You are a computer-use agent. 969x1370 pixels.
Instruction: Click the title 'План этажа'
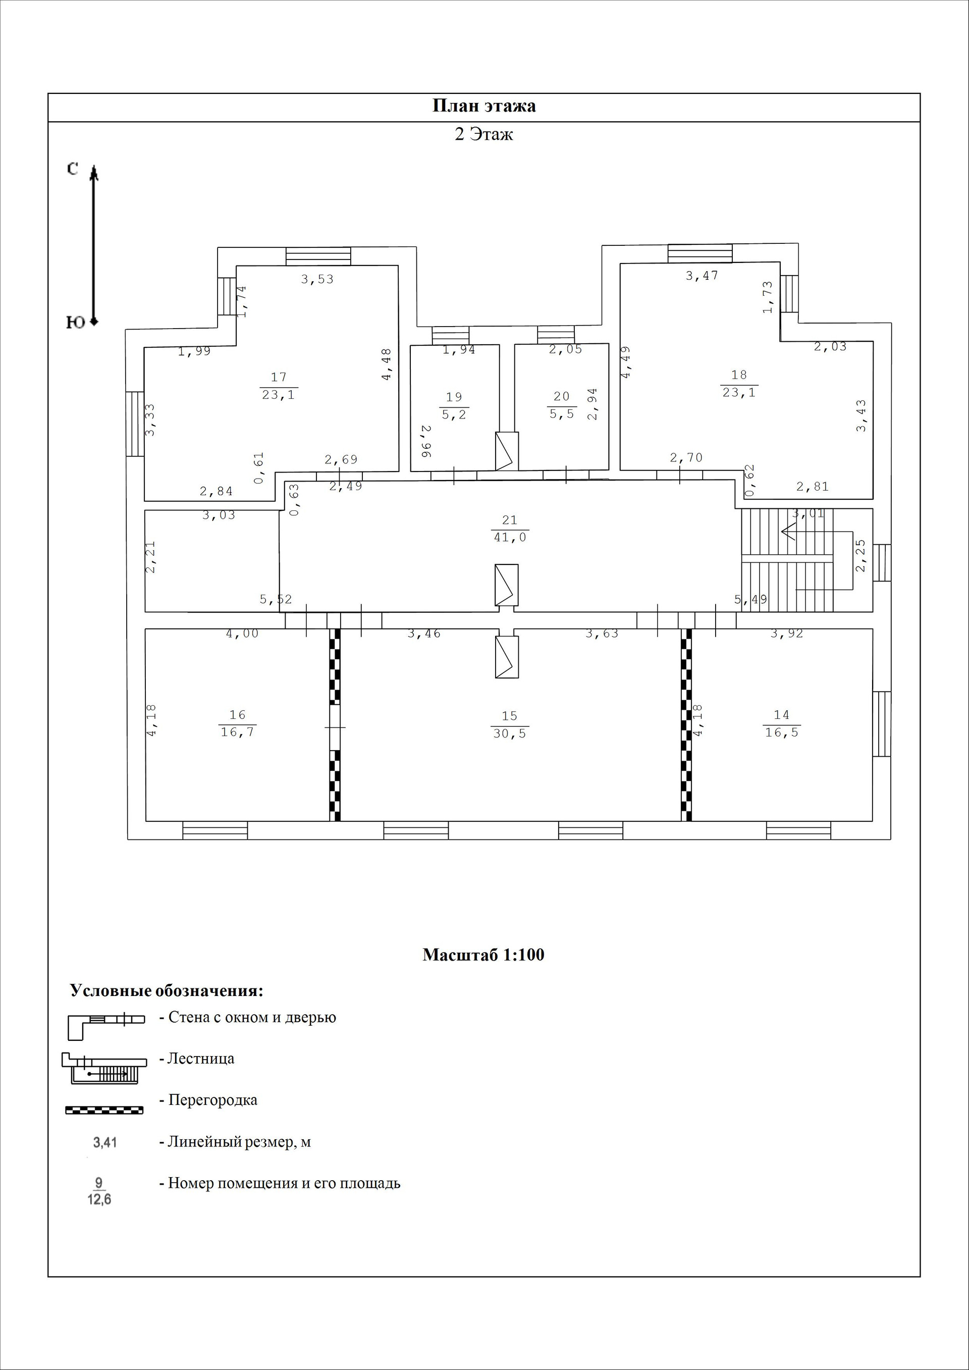click(484, 106)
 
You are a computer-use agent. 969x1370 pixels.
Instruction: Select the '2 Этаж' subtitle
click(484, 134)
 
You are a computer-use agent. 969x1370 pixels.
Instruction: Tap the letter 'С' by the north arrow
click(72, 170)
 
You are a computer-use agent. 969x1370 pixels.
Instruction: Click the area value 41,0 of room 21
click(510, 538)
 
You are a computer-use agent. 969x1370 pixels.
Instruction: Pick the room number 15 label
click(510, 715)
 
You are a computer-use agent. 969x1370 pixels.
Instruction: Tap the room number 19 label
click(454, 397)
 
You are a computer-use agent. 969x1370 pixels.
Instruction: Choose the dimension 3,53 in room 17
click(317, 279)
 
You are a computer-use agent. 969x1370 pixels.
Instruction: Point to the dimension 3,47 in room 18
click(702, 276)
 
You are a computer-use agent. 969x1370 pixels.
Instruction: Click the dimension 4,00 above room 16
click(242, 634)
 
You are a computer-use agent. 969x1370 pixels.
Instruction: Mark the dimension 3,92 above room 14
click(786, 634)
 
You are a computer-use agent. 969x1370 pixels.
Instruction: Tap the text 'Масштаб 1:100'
click(483, 955)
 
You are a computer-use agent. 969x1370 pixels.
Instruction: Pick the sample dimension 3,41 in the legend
click(105, 1143)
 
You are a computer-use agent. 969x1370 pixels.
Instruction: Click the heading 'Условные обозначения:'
click(167, 991)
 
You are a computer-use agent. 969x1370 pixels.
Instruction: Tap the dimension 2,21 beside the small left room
click(151, 557)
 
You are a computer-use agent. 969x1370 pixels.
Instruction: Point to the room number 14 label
click(782, 715)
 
